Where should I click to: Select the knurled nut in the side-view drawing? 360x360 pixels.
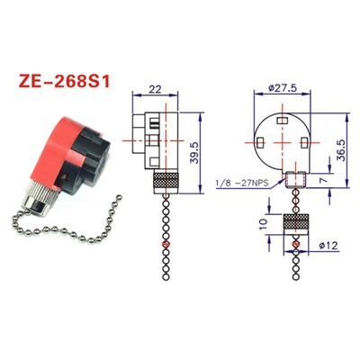click(x=164, y=181)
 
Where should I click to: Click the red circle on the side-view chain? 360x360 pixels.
click(x=164, y=244)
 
